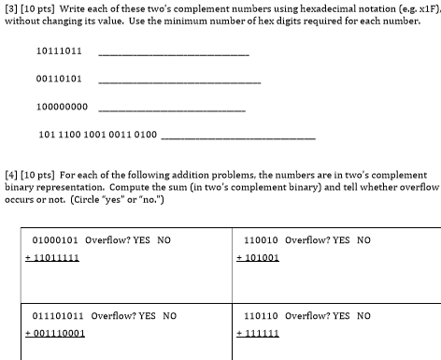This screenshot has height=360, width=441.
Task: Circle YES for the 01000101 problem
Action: [x=142, y=239]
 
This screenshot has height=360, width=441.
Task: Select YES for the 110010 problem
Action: [x=341, y=239]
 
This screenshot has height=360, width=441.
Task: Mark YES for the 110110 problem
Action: [x=341, y=316]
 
